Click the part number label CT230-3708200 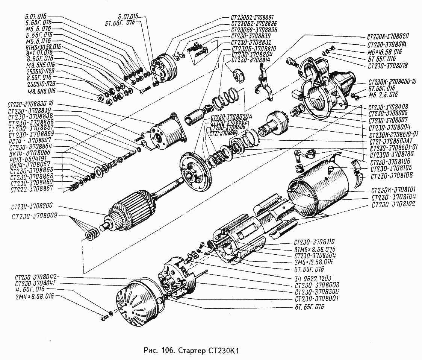point(32,207)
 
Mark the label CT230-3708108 point(392,176)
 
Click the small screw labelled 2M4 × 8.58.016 point(105,318)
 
